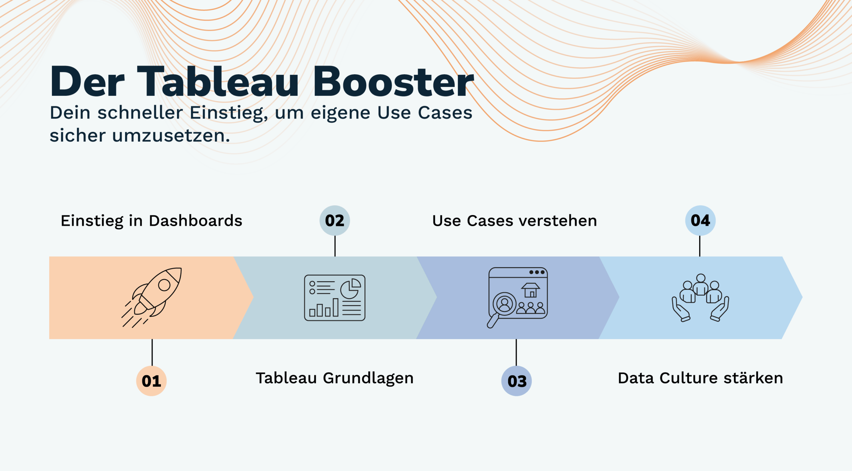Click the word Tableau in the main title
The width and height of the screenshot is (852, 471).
(218, 82)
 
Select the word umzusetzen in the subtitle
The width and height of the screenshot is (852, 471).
(171, 136)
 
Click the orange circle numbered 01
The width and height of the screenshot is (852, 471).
(151, 381)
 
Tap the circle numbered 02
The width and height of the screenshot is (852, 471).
(334, 220)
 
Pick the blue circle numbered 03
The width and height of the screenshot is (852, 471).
(517, 381)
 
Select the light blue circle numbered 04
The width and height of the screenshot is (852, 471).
(700, 220)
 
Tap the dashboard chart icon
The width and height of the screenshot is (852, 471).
(334, 298)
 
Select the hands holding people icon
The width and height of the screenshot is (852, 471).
(701, 298)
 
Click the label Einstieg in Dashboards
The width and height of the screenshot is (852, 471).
(151, 221)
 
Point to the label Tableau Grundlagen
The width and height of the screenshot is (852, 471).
(334, 378)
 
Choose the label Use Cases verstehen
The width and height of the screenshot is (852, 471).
(515, 221)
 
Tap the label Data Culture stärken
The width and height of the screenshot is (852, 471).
(700, 378)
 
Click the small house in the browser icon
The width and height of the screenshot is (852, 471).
(531, 290)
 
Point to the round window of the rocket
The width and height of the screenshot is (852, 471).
(164, 285)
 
